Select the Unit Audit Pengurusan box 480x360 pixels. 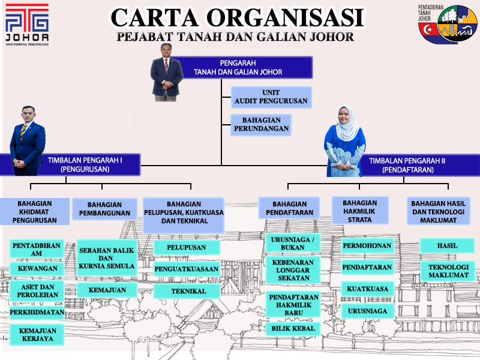tap(270, 97)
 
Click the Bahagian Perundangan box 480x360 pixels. tap(261, 125)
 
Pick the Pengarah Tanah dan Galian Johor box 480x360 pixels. tap(242, 67)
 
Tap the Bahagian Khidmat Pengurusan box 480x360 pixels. tap(35, 212)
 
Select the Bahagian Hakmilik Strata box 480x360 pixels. tap(360, 211)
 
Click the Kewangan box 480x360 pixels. tap(37, 269)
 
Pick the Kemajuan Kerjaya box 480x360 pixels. tap(37, 335)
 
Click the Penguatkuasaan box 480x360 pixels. tap(187, 269)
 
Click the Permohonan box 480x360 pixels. tap(367, 245)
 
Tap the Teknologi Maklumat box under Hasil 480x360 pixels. tap(448, 271)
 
